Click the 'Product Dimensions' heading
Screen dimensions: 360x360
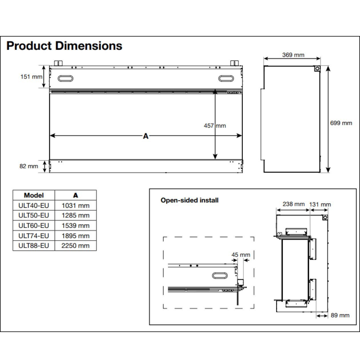(x=64, y=46)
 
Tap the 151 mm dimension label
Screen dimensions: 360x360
(x=31, y=77)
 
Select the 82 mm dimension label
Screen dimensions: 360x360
(x=29, y=166)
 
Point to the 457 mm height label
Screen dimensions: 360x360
(x=215, y=125)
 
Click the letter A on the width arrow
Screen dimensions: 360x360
(x=146, y=136)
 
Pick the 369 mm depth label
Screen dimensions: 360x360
(x=293, y=55)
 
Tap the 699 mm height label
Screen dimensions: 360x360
(x=341, y=123)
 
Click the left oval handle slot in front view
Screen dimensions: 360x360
(x=65, y=79)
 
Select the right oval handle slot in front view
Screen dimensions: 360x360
(x=226, y=79)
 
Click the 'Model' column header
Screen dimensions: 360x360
(x=34, y=195)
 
